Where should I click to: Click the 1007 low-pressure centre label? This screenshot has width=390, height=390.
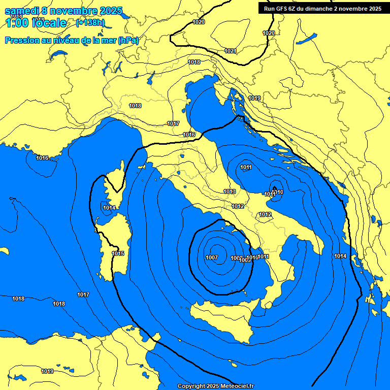click(x=212, y=257)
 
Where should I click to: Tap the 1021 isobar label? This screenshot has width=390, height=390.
click(x=230, y=51)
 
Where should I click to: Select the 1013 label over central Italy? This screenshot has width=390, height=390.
click(x=230, y=191)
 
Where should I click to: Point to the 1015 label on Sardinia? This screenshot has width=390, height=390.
click(x=118, y=253)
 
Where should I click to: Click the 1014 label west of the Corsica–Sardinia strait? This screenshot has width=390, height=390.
click(x=109, y=208)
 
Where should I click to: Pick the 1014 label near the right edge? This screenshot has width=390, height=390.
click(x=340, y=256)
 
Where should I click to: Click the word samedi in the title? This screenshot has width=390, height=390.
click(x=23, y=11)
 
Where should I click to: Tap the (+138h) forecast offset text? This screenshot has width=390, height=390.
click(x=90, y=22)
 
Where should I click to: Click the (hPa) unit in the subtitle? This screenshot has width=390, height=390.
click(x=128, y=40)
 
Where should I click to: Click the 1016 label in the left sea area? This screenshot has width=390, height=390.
click(x=42, y=158)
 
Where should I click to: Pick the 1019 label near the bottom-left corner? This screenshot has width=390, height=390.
click(x=47, y=371)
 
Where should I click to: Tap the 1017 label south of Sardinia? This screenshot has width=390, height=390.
click(x=83, y=295)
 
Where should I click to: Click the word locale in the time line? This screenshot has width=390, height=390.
click(x=49, y=23)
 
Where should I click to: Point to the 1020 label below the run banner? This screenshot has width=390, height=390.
click(x=268, y=33)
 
